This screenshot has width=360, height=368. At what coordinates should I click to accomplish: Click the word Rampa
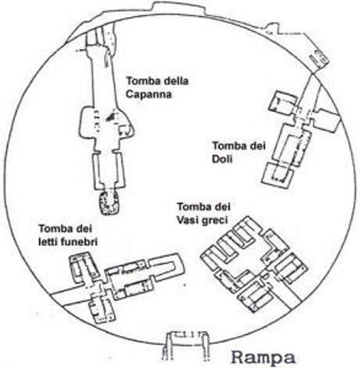pyautogui.click(x=263, y=357)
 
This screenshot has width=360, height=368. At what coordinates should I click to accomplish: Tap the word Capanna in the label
pyautogui.click(x=149, y=95)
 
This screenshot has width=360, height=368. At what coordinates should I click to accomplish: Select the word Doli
pyautogui.click(x=223, y=159)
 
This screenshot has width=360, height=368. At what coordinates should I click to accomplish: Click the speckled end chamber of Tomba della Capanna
pyautogui.click(x=109, y=203)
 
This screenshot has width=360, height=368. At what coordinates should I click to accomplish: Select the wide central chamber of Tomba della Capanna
pyautogui.click(x=106, y=123)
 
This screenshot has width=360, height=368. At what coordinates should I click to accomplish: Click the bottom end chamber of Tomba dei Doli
pyautogui.click(x=277, y=175)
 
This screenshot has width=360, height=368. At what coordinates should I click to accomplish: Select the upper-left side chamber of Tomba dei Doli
pyautogui.click(x=281, y=105)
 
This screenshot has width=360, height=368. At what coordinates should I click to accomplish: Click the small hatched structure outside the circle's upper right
pyautogui.click(x=318, y=56)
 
